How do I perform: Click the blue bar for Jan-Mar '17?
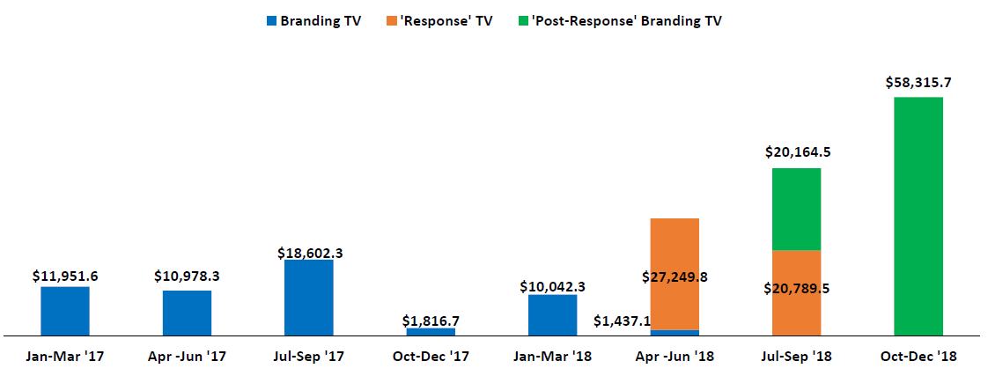coord(65,311)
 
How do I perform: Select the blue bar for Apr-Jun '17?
coord(187,313)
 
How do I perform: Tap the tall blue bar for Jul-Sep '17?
coord(309,298)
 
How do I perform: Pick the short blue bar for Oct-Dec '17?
coord(431,332)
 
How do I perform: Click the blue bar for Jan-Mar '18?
coord(552,315)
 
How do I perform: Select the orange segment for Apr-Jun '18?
coord(675,255)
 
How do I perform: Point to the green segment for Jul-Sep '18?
coord(796,209)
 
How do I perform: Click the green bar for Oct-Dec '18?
coord(918,216)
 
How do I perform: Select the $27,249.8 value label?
coord(675,276)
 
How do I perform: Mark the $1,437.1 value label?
coord(622,321)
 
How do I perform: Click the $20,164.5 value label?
coord(796,151)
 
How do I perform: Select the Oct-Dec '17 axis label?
coord(431,357)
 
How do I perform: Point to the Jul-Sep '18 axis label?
coord(796,357)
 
